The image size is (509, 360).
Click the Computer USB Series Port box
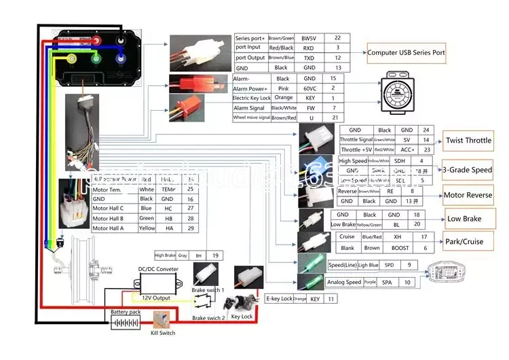(x=406, y=52)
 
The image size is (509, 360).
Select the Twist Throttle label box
(x=468, y=141)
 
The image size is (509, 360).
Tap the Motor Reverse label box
(x=468, y=196)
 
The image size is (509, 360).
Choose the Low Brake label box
(x=464, y=219)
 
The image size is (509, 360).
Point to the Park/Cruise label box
(x=464, y=241)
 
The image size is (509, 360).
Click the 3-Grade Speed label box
(x=468, y=170)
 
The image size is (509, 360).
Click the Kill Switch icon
(x=162, y=321)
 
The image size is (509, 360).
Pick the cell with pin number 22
(x=337, y=37)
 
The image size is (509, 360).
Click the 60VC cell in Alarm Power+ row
(x=309, y=88)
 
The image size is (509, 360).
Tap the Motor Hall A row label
(x=108, y=229)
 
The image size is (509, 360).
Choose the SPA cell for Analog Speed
(x=387, y=282)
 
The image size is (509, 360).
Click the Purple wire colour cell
(x=369, y=282)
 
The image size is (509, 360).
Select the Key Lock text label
(x=242, y=317)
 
